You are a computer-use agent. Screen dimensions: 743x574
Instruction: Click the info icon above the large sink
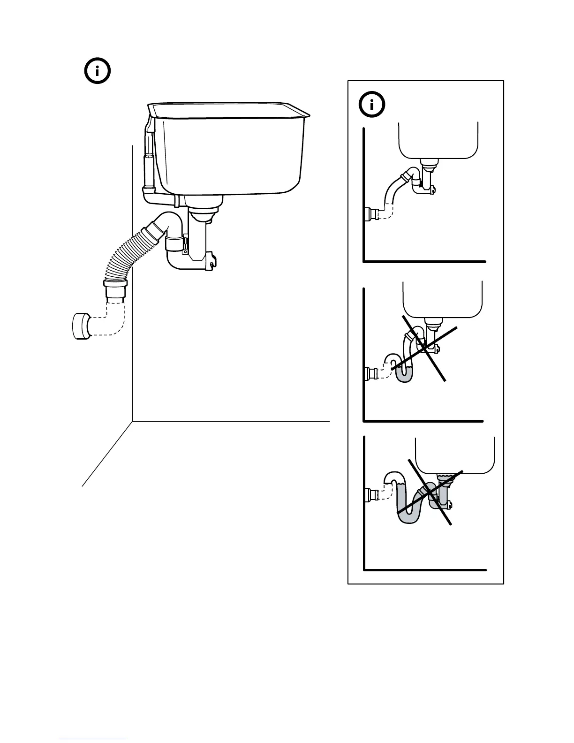[x=97, y=71]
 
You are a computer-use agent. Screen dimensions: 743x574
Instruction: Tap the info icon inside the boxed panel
[x=372, y=105]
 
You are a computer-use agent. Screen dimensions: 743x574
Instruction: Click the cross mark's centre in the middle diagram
[x=424, y=347]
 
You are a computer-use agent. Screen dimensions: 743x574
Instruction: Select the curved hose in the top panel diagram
[x=394, y=192]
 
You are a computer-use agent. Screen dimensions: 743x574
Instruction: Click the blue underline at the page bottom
[x=93, y=739]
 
